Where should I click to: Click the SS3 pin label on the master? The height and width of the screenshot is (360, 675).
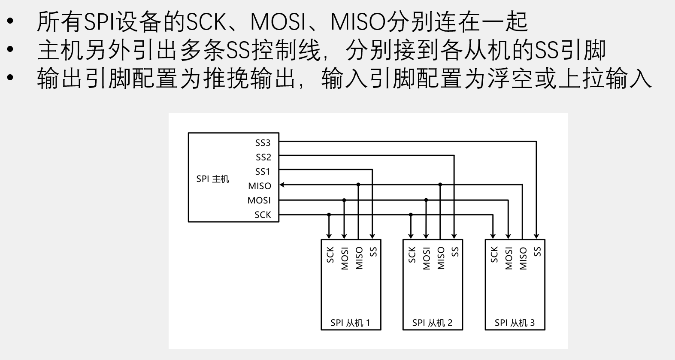click(263, 143)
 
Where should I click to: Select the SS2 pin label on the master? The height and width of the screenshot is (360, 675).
click(263, 157)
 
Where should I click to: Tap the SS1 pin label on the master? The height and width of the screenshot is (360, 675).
click(263, 172)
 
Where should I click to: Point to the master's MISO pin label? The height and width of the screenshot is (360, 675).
click(260, 186)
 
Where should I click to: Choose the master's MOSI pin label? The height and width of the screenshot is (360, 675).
click(259, 200)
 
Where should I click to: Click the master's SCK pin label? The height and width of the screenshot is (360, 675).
click(263, 215)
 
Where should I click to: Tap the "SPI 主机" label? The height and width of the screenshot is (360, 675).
click(213, 179)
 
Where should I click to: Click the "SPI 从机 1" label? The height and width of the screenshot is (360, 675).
click(350, 323)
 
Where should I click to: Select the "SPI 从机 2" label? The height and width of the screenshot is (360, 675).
click(432, 323)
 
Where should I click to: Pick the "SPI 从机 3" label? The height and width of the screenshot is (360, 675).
click(515, 323)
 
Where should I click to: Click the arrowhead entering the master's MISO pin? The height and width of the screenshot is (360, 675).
click(282, 185)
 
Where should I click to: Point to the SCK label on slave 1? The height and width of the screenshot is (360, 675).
click(330, 254)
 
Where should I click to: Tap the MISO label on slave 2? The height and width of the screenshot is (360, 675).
click(441, 258)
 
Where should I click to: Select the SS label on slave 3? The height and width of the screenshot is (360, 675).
click(537, 251)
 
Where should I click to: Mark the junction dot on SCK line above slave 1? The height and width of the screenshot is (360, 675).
click(329, 214)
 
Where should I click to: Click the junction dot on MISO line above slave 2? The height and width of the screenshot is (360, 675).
click(440, 185)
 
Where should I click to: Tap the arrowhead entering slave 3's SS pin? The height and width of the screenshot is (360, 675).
click(536, 236)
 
